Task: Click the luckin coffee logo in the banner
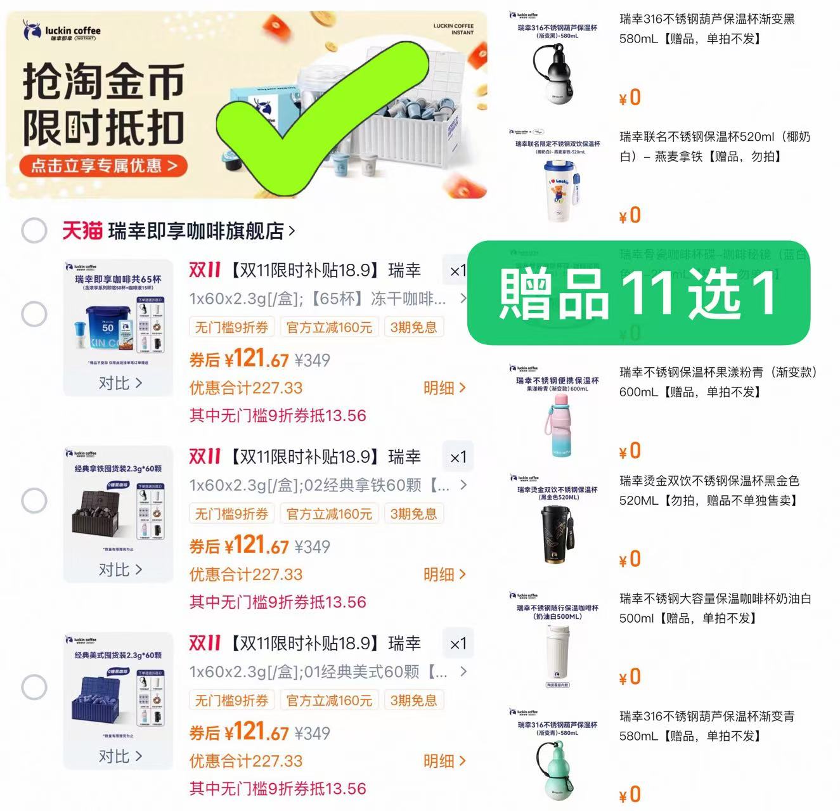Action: tap(61, 30)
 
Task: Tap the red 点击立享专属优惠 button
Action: tap(104, 165)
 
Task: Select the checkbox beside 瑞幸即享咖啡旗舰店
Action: tap(34, 231)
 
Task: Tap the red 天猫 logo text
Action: tap(82, 231)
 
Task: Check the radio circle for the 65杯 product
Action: tap(34, 314)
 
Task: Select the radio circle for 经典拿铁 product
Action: tap(34, 500)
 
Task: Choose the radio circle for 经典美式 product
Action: tap(34, 687)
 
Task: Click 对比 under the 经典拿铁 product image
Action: tap(119, 569)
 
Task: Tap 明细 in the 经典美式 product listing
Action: tap(444, 761)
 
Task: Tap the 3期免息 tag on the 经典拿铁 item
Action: tap(413, 514)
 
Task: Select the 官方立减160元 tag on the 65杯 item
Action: tap(329, 327)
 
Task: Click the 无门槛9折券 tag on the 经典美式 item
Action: tap(231, 700)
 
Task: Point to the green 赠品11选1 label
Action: tap(638, 293)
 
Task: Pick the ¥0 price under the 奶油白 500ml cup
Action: tap(630, 677)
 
